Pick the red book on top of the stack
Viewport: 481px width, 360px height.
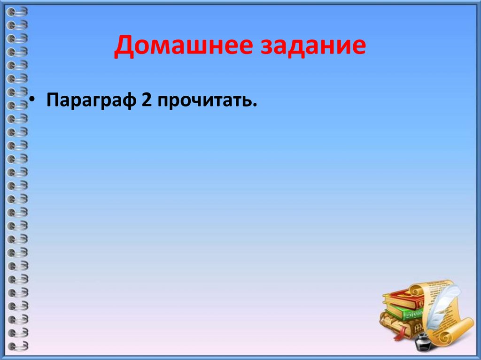pos(402,298)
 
